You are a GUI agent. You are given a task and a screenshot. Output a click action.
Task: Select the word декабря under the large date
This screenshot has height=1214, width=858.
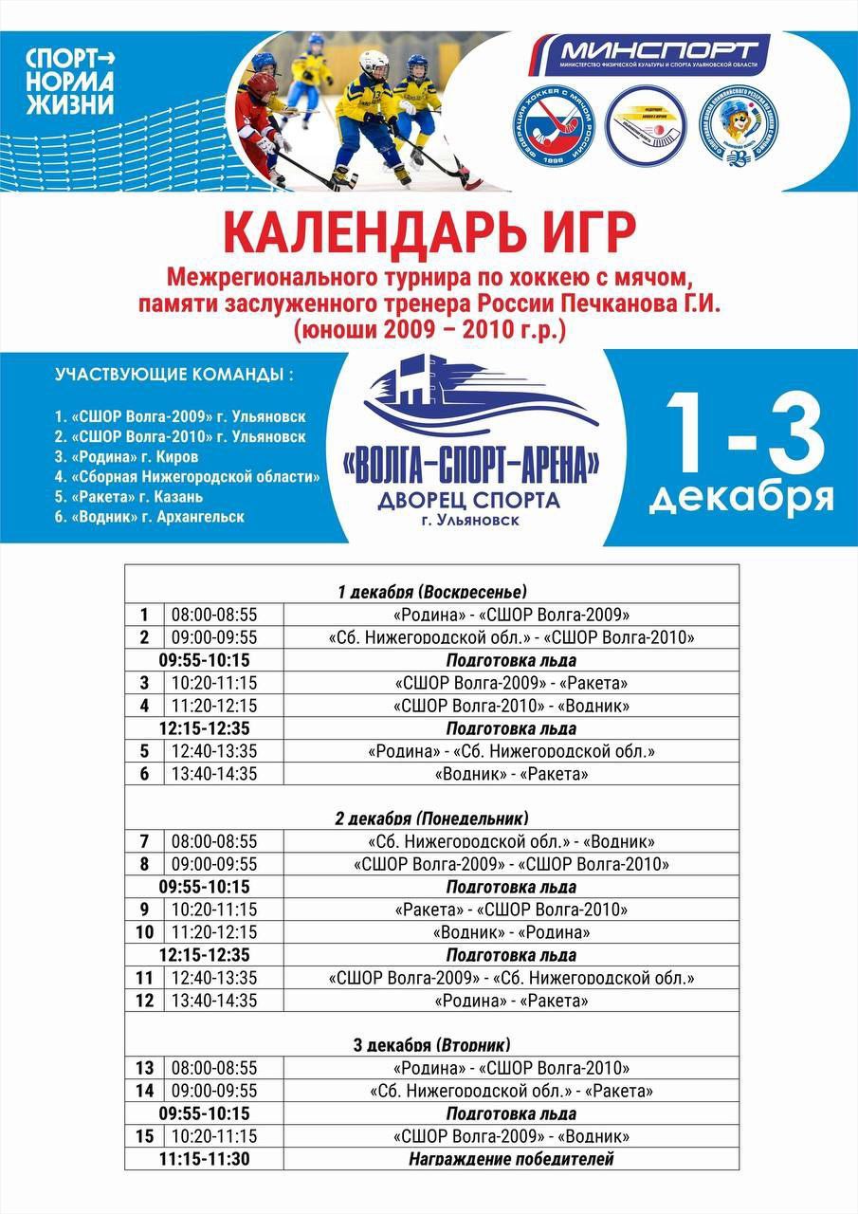(741, 498)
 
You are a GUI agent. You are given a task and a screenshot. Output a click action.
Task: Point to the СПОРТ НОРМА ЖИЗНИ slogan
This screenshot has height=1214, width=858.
(70, 81)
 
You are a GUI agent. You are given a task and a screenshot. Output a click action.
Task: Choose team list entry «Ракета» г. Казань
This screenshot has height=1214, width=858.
(129, 497)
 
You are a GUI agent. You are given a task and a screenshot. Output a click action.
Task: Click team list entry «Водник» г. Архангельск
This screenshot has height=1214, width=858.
(149, 517)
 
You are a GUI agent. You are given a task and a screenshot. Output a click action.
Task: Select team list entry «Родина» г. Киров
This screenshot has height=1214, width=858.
(126, 457)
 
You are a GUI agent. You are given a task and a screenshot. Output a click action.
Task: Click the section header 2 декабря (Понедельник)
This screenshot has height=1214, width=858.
(431, 818)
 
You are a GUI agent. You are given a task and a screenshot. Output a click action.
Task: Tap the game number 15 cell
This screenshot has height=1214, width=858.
(145, 1136)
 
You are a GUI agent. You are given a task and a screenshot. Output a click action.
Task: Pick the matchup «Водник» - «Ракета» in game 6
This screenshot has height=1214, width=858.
(511, 774)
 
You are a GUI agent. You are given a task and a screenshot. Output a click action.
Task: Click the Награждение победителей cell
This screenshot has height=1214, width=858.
(511, 1159)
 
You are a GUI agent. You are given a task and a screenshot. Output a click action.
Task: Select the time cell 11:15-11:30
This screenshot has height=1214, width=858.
(204, 1159)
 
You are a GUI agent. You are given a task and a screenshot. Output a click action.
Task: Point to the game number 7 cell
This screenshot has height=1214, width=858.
(144, 841)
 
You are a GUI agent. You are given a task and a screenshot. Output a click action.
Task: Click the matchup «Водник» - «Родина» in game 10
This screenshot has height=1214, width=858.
(511, 932)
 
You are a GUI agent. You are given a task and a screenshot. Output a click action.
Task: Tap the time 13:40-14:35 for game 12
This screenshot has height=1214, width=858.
(214, 1001)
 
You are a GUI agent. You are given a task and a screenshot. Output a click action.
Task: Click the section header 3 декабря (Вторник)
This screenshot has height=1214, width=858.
(431, 1044)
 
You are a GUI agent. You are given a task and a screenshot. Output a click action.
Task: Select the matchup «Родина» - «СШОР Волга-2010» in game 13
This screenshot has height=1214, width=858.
(511, 1068)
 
